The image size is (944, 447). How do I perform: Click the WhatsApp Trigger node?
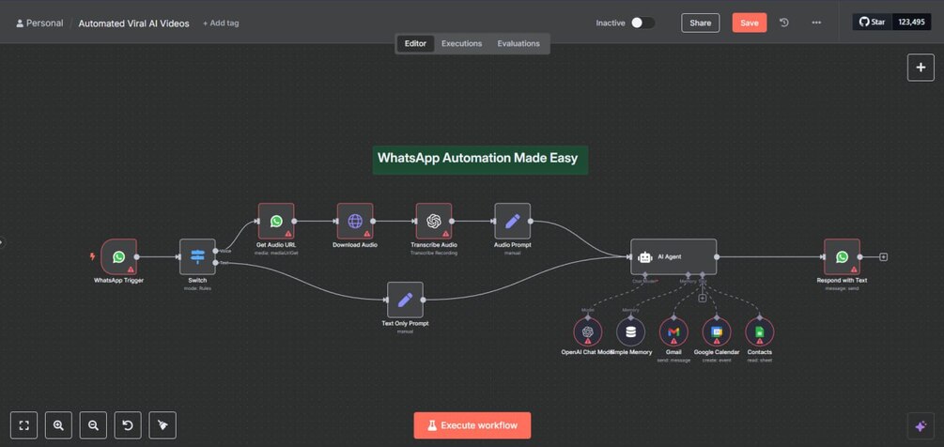[x=118, y=256]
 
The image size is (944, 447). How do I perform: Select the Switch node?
[x=197, y=256]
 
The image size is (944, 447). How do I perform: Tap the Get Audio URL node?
[x=276, y=222]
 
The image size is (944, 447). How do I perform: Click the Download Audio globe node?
[x=355, y=222]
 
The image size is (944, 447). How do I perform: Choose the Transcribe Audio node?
[x=434, y=222]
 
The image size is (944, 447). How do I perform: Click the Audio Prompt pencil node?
[x=512, y=222]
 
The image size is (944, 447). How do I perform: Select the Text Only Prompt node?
[x=405, y=300]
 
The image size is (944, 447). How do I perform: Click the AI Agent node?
[x=673, y=256]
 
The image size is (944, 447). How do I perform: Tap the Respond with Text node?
[x=842, y=256]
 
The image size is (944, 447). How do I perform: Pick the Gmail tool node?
[x=673, y=331]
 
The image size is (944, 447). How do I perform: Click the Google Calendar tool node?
[x=717, y=331]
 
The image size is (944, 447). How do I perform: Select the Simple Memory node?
[x=630, y=331]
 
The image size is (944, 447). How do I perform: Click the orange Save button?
[x=749, y=23]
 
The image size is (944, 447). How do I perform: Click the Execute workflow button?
[x=472, y=425]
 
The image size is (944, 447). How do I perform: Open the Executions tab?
[x=461, y=43]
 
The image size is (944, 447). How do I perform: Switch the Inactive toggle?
[x=642, y=23]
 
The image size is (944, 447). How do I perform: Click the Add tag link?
[x=221, y=23]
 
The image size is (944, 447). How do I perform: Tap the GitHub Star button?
[x=872, y=22]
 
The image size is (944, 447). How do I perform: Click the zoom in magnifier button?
[x=58, y=425]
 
